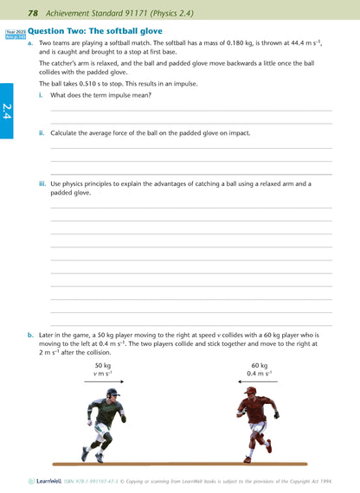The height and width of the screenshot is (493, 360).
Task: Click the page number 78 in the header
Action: point(32,12)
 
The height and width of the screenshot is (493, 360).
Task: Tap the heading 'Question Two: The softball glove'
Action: point(89,30)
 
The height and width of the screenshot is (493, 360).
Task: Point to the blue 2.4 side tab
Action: point(6,111)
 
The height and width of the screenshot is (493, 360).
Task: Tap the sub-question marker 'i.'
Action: point(42,95)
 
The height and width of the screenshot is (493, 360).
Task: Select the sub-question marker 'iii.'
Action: point(42,183)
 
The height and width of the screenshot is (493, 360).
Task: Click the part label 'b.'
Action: point(30,335)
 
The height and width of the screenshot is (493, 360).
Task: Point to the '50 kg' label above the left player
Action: point(102,366)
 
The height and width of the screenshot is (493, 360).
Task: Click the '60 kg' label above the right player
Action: point(260,366)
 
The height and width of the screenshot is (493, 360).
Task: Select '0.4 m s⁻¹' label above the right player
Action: point(260,374)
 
